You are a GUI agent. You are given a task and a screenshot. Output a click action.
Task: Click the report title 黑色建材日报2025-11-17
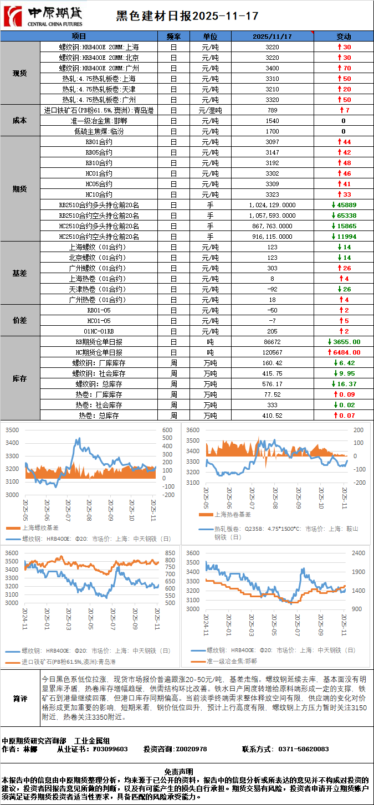pyautogui.click(x=187, y=16)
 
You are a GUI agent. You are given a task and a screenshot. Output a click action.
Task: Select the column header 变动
pyautogui.click(x=344, y=37)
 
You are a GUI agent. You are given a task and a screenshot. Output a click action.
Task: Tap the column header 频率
pyautogui.click(x=173, y=37)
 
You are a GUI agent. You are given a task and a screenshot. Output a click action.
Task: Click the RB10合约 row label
pyautogui.click(x=99, y=163)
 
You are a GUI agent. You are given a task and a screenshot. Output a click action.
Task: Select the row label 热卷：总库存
pyautogui.click(x=99, y=416)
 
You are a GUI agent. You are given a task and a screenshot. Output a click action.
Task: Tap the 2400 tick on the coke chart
pyautogui.click(x=357, y=553)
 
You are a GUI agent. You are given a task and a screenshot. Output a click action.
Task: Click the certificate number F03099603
pyautogui.click(x=110, y=749)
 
